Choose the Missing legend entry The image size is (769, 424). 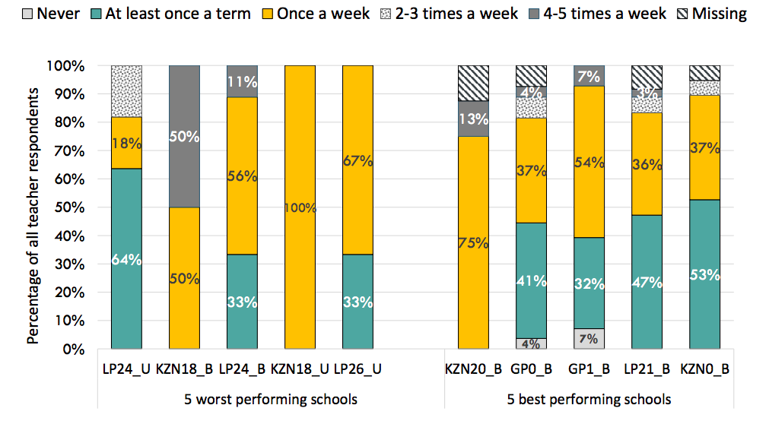(x=718, y=14)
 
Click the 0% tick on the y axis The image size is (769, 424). (x=74, y=350)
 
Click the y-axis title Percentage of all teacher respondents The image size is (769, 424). (x=33, y=215)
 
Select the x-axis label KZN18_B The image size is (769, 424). (x=184, y=370)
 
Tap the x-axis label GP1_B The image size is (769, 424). (x=589, y=370)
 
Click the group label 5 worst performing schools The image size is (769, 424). (x=271, y=399)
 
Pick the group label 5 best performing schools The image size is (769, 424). (x=589, y=399)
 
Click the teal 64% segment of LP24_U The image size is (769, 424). (x=126, y=259)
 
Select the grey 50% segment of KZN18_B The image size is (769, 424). (x=184, y=137)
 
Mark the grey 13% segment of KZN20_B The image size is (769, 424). (x=473, y=119)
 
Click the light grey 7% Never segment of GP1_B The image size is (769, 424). (x=589, y=339)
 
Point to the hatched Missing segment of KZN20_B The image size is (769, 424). (x=473, y=84)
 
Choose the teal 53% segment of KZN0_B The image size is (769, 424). (x=704, y=274)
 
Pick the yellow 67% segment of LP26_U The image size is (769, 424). (x=357, y=160)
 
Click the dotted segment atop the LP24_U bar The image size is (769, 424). (x=126, y=91)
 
